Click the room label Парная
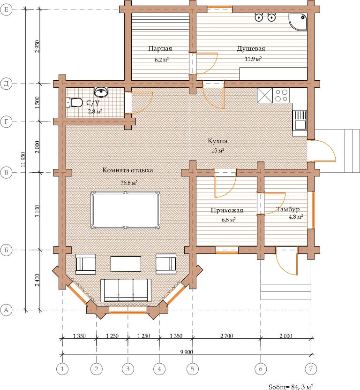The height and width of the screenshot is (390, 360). tap(160, 48)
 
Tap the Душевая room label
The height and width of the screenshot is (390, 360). tap(251, 48)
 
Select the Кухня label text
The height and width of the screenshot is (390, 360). tap(217, 141)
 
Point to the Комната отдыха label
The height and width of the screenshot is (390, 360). tap(127, 170)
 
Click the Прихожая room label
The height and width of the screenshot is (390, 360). tap(227, 210)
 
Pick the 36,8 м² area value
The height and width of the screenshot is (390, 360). tap(129, 183)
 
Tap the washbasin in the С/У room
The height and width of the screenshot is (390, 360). tap(101, 92)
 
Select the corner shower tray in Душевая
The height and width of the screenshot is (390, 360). tap(298, 22)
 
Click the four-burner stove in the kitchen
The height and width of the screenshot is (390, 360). tap(281, 96)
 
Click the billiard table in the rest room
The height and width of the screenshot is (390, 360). tap(126, 210)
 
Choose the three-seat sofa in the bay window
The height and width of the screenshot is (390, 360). tap(126, 291)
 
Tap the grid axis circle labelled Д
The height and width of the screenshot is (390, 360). tap(6, 84)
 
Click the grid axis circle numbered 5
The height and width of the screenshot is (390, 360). tap(193, 368)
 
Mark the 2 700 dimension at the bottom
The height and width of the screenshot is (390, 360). tap(226, 336)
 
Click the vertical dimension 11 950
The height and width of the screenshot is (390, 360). tap(23, 159)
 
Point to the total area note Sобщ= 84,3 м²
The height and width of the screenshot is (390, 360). tap(291, 386)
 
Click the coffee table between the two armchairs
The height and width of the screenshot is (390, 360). tap(126, 264)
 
